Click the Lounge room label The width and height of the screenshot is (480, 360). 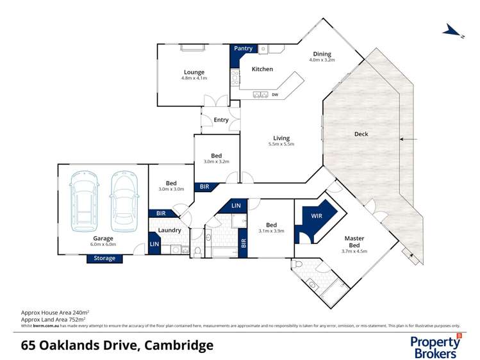(194, 72)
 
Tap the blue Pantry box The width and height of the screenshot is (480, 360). (244, 49)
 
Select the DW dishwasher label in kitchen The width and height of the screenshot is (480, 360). (274, 95)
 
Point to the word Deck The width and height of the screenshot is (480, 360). (361, 134)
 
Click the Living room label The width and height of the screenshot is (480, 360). (281, 138)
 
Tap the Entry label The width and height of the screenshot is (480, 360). (221, 120)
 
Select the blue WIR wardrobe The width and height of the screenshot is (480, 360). (317, 217)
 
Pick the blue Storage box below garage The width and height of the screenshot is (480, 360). (105, 258)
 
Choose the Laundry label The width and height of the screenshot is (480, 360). (169, 230)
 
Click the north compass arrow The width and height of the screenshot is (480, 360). (453, 31)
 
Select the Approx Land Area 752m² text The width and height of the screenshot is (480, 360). (54, 318)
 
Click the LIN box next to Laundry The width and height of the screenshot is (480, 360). (154, 244)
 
